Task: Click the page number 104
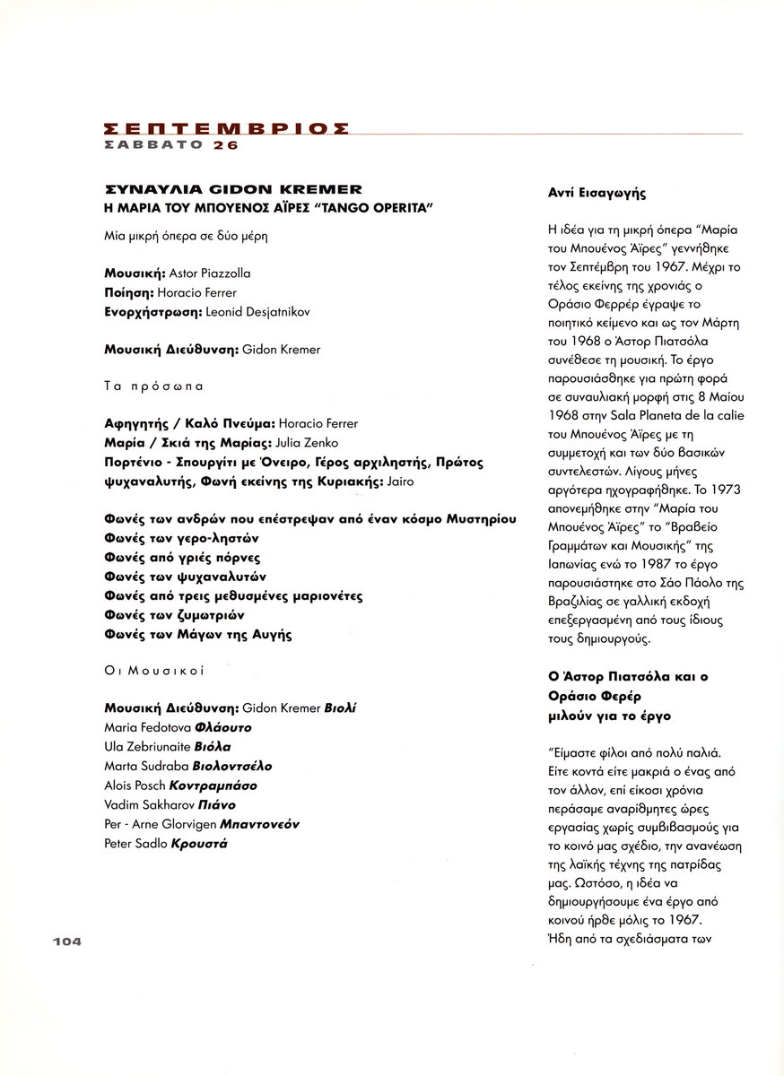click(x=66, y=941)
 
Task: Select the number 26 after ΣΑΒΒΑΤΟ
click(x=226, y=144)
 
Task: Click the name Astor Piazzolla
click(x=210, y=273)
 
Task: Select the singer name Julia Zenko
click(x=270, y=443)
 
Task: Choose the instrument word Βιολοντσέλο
click(x=226, y=766)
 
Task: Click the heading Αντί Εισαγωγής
click(x=597, y=193)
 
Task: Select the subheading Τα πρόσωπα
click(x=154, y=386)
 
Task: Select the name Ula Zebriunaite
click(x=144, y=747)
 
